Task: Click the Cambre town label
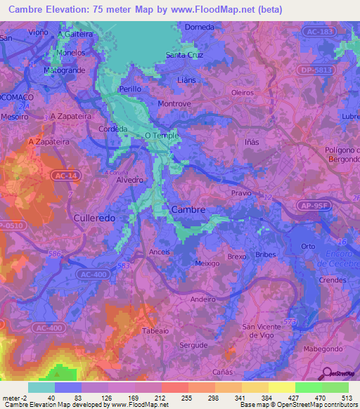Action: pyautogui.click(x=188, y=209)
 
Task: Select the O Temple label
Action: pyautogui.click(x=162, y=135)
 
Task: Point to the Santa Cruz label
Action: pyautogui.click(x=184, y=55)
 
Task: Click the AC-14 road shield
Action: pyautogui.click(x=63, y=179)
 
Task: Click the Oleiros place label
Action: pyautogui.click(x=242, y=92)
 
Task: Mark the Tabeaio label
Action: pyautogui.click(x=155, y=331)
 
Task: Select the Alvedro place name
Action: pyautogui.click(x=129, y=180)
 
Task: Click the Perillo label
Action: pyautogui.click(x=130, y=89)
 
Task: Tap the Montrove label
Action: pyautogui.click(x=175, y=103)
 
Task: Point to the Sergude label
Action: pyautogui.click(x=193, y=345)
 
